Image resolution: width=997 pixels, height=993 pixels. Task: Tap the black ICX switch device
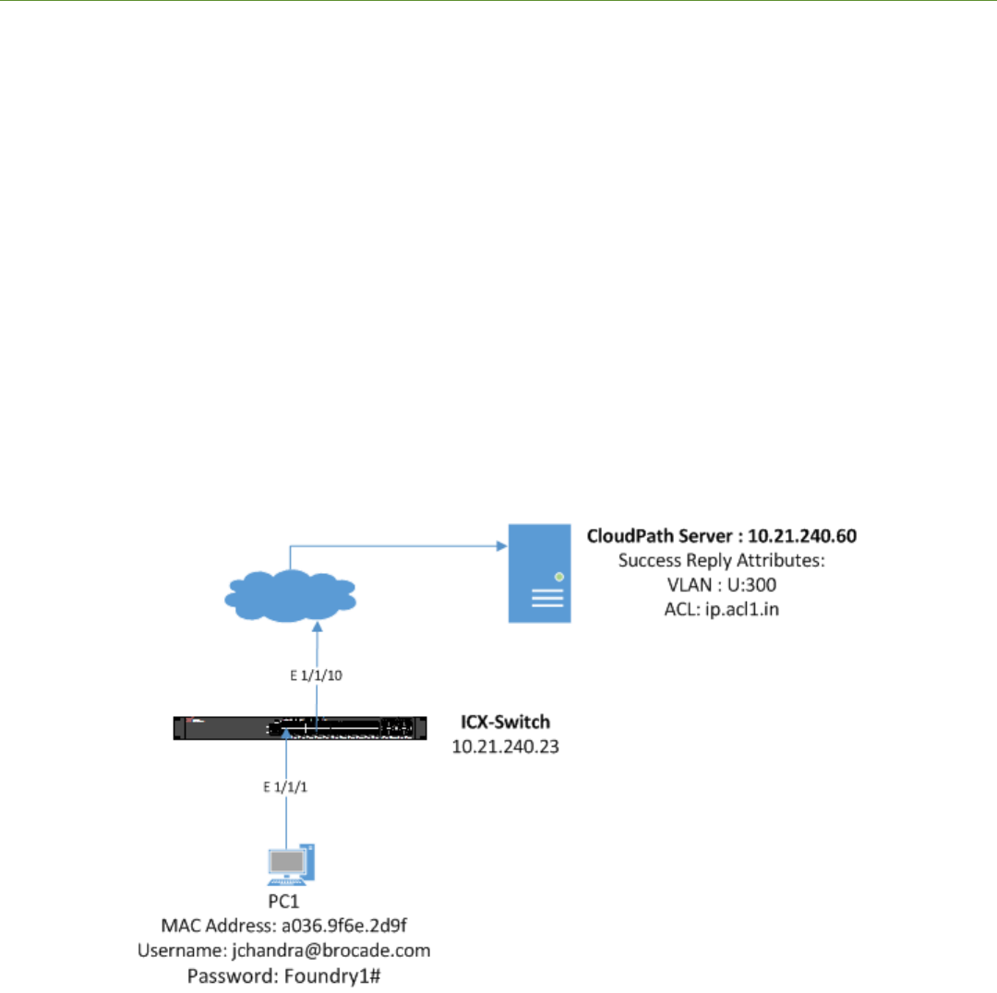point(302,728)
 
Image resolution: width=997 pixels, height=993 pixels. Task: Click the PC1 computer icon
point(289,862)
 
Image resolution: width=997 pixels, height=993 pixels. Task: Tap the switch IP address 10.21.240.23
point(505,744)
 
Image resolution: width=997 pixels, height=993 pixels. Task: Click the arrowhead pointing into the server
point(503,545)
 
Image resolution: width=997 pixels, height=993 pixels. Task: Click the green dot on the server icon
point(559,576)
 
